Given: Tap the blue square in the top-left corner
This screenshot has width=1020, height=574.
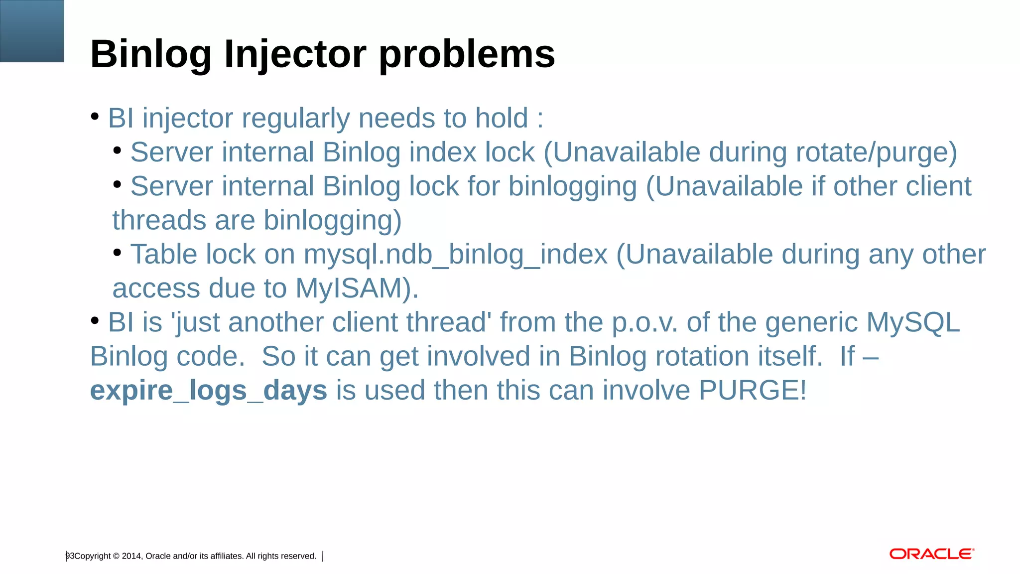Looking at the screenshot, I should [x=32, y=31].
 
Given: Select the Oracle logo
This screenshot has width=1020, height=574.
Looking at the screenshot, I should [x=931, y=554].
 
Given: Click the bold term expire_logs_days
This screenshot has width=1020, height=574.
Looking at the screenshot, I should [x=209, y=390].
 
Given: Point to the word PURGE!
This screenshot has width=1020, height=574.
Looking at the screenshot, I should [x=752, y=390].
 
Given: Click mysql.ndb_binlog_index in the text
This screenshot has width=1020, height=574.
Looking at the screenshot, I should [x=456, y=255].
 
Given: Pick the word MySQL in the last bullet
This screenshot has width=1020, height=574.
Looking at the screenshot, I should [x=913, y=322].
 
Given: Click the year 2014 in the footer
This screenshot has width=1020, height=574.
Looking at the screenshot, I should [x=131, y=556].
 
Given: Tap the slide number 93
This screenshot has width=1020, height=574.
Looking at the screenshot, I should [x=70, y=556].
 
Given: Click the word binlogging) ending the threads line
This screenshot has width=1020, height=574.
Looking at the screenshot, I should [x=332, y=221].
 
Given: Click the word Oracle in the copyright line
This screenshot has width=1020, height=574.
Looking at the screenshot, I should [x=158, y=556].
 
